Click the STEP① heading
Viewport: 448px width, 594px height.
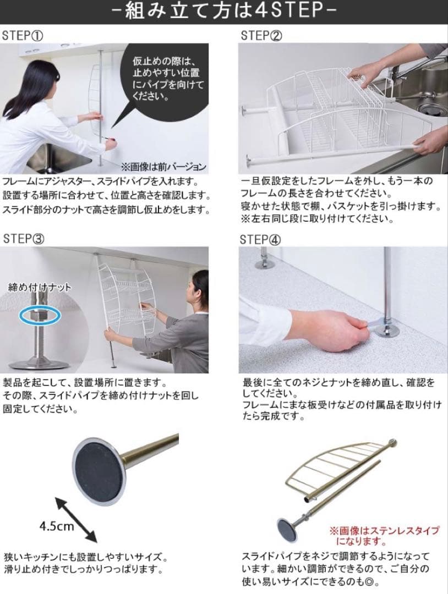[23, 36]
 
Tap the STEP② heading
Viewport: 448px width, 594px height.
[261, 36]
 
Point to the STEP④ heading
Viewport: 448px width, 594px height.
[261, 240]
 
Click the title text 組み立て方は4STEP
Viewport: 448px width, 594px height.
[225, 12]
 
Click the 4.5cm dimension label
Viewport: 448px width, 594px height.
[56, 525]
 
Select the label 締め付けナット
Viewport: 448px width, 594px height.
[40, 287]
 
